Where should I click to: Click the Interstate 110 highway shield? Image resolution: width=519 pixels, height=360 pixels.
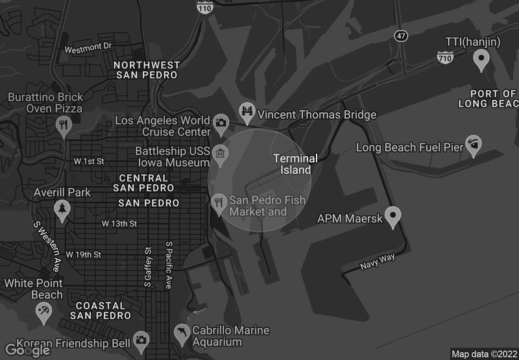coord(206,6)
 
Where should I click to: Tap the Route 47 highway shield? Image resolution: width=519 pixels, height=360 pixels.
coord(402,36)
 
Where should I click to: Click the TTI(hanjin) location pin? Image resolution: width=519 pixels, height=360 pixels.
coord(481,60)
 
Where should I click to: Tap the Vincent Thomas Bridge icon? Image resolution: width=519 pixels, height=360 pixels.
coord(247,112)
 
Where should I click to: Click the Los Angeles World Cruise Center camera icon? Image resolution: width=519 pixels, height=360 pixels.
coord(221,121)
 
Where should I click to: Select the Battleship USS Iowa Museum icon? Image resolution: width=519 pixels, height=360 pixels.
coord(220,153)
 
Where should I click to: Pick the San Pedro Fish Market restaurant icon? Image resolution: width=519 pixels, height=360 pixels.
coord(219,202)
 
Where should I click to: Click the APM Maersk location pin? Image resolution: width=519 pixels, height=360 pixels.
coord(392,216)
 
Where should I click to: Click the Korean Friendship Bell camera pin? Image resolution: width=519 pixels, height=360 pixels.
coord(141,340)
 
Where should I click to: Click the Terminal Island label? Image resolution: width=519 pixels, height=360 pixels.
coord(295,164)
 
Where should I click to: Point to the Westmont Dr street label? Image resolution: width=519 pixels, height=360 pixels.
coord(88,47)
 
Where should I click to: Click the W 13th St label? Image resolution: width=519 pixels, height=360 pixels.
coord(119,224)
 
